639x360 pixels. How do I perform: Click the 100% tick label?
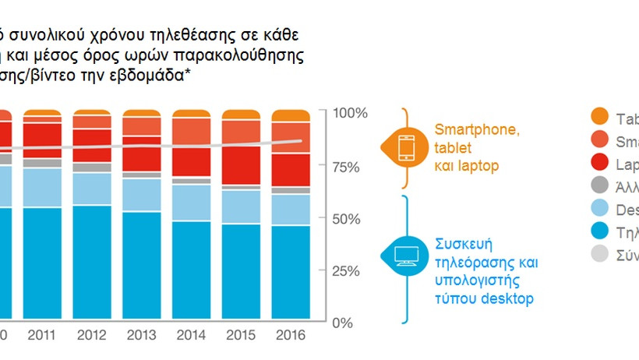[350, 114]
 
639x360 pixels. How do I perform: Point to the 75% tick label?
[350, 167]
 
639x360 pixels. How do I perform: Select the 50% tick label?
[350, 219]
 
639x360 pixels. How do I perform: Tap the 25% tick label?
[350, 271]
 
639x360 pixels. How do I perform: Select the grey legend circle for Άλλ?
[599, 185]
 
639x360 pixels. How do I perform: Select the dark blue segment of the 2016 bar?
[291, 273]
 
